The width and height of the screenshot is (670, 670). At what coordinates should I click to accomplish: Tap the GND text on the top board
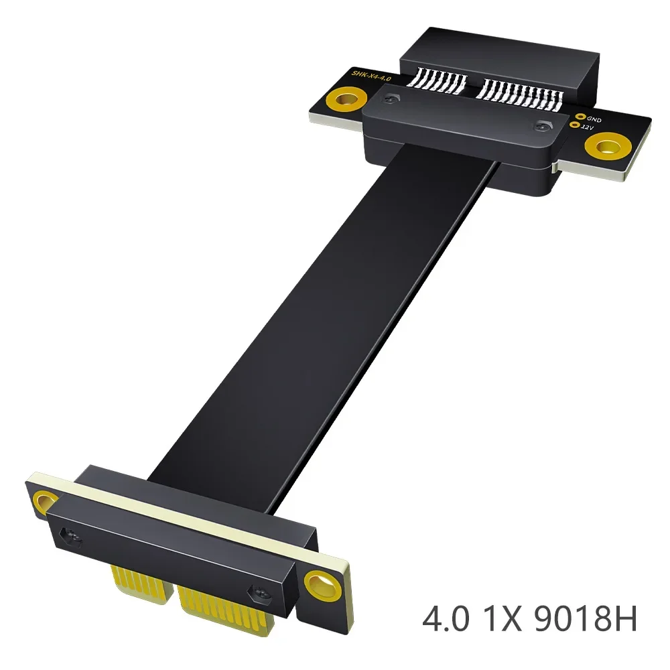[594, 119]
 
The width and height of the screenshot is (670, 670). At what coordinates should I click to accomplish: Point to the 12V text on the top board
[588, 127]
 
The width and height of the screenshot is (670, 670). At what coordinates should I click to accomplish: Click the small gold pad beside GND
[581, 116]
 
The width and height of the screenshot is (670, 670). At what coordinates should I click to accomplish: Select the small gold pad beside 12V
[575, 125]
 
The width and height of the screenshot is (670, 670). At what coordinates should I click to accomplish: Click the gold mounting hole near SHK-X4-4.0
[346, 100]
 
